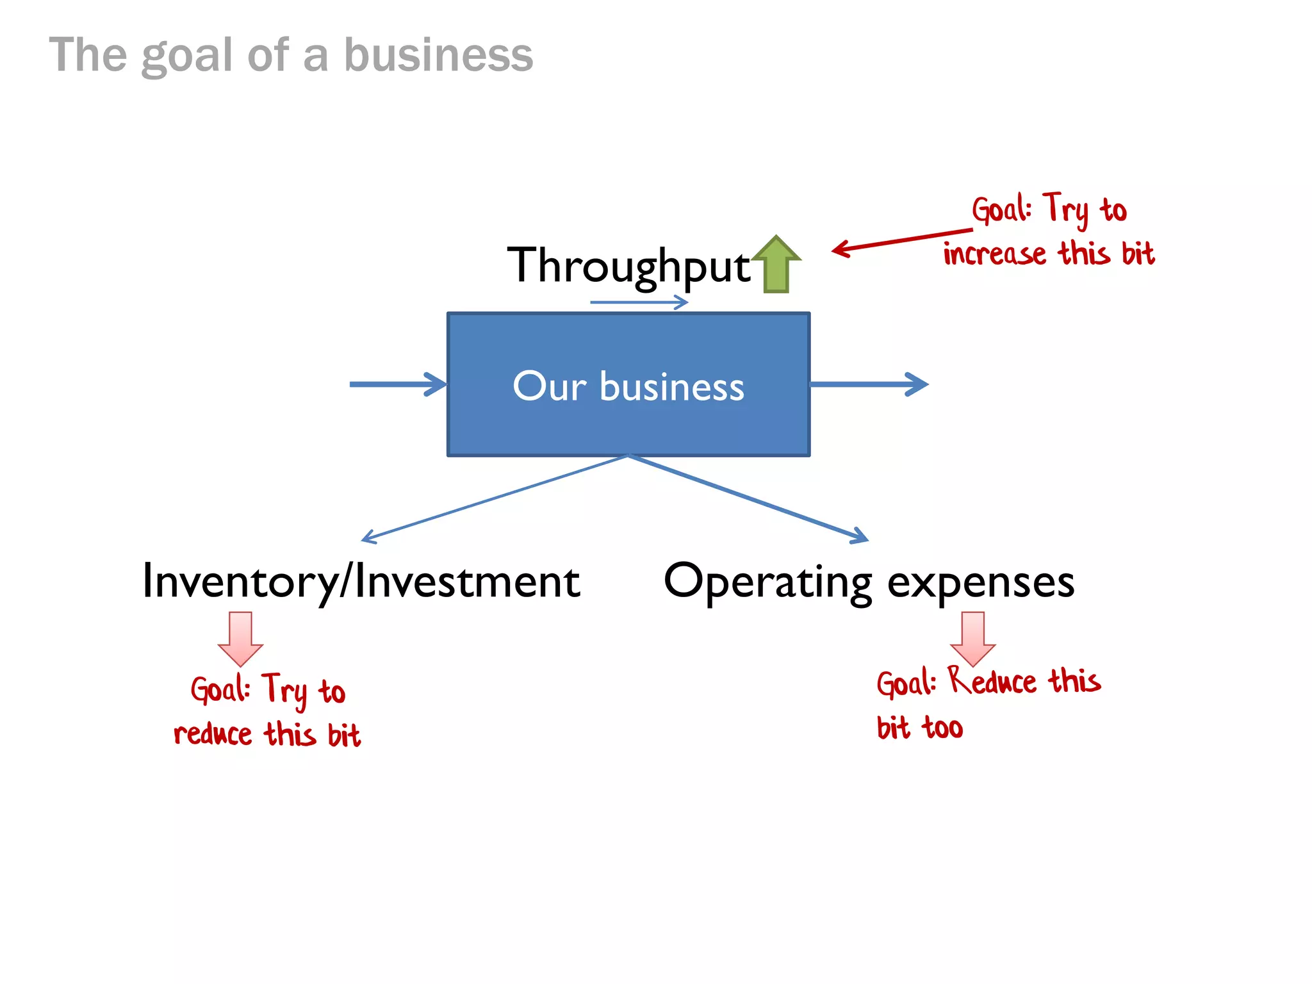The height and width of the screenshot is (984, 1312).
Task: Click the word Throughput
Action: point(628,266)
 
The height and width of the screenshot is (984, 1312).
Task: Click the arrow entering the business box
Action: point(398,384)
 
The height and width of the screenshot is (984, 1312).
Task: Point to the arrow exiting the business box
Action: point(869,384)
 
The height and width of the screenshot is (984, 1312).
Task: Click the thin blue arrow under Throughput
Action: point(639,302)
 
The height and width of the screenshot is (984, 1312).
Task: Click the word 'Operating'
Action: point(767,581)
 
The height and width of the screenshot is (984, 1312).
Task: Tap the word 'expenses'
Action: point(981,582)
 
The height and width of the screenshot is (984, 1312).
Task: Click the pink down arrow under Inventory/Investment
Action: point(240,638)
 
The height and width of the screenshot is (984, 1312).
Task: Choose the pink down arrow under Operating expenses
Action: point(972,638)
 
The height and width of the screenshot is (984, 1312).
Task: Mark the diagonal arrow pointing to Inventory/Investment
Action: point(493,499)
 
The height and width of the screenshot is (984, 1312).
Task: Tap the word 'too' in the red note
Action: point(942,728)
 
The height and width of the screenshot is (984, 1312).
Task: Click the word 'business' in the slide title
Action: point(438,55)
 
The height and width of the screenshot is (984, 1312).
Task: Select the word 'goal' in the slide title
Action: point(186,56)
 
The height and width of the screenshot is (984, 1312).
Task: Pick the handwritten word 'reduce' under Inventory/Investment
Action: point(213,734)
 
